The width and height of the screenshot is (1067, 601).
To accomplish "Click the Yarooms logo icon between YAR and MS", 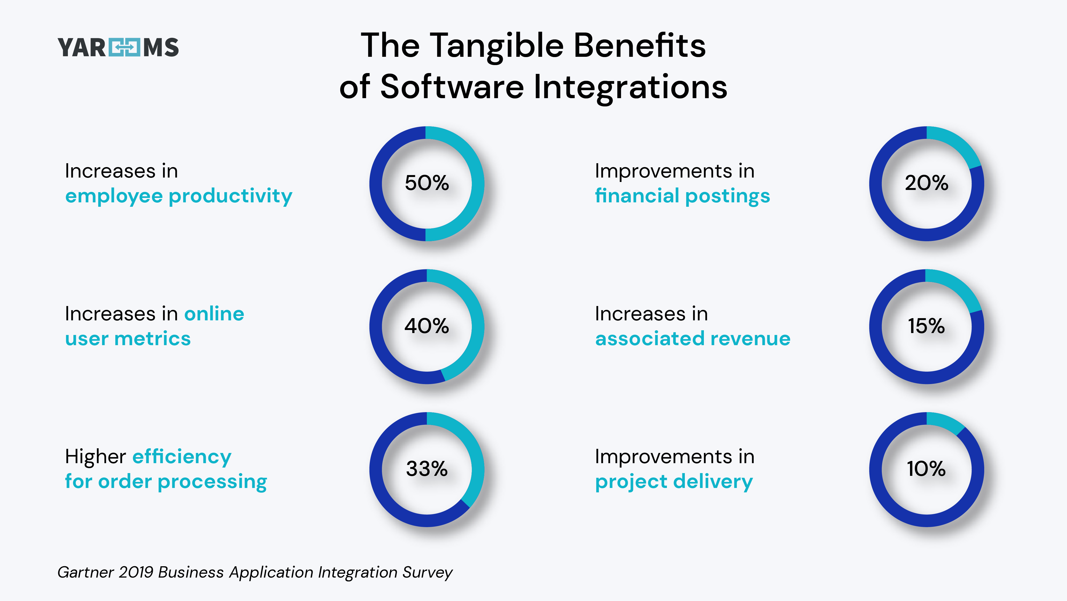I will (x=124, y=47).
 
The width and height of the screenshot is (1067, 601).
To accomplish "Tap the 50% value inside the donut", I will (x=427, y=183).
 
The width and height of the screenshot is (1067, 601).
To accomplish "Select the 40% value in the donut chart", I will (x=427, y=326).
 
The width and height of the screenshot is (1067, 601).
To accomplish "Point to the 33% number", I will (x=427, y=469).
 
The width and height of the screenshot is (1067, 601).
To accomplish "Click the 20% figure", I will (x=926, y=183).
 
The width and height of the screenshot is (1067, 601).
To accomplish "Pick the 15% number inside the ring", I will (x=926, y=326).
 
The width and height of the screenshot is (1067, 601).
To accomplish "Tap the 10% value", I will (x=926, y=469).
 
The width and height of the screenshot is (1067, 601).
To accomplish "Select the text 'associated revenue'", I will (x=693, y=339).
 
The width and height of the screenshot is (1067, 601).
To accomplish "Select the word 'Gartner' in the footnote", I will (x=85, y=572).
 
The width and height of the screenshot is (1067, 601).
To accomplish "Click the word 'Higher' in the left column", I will (x=95, y=457).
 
